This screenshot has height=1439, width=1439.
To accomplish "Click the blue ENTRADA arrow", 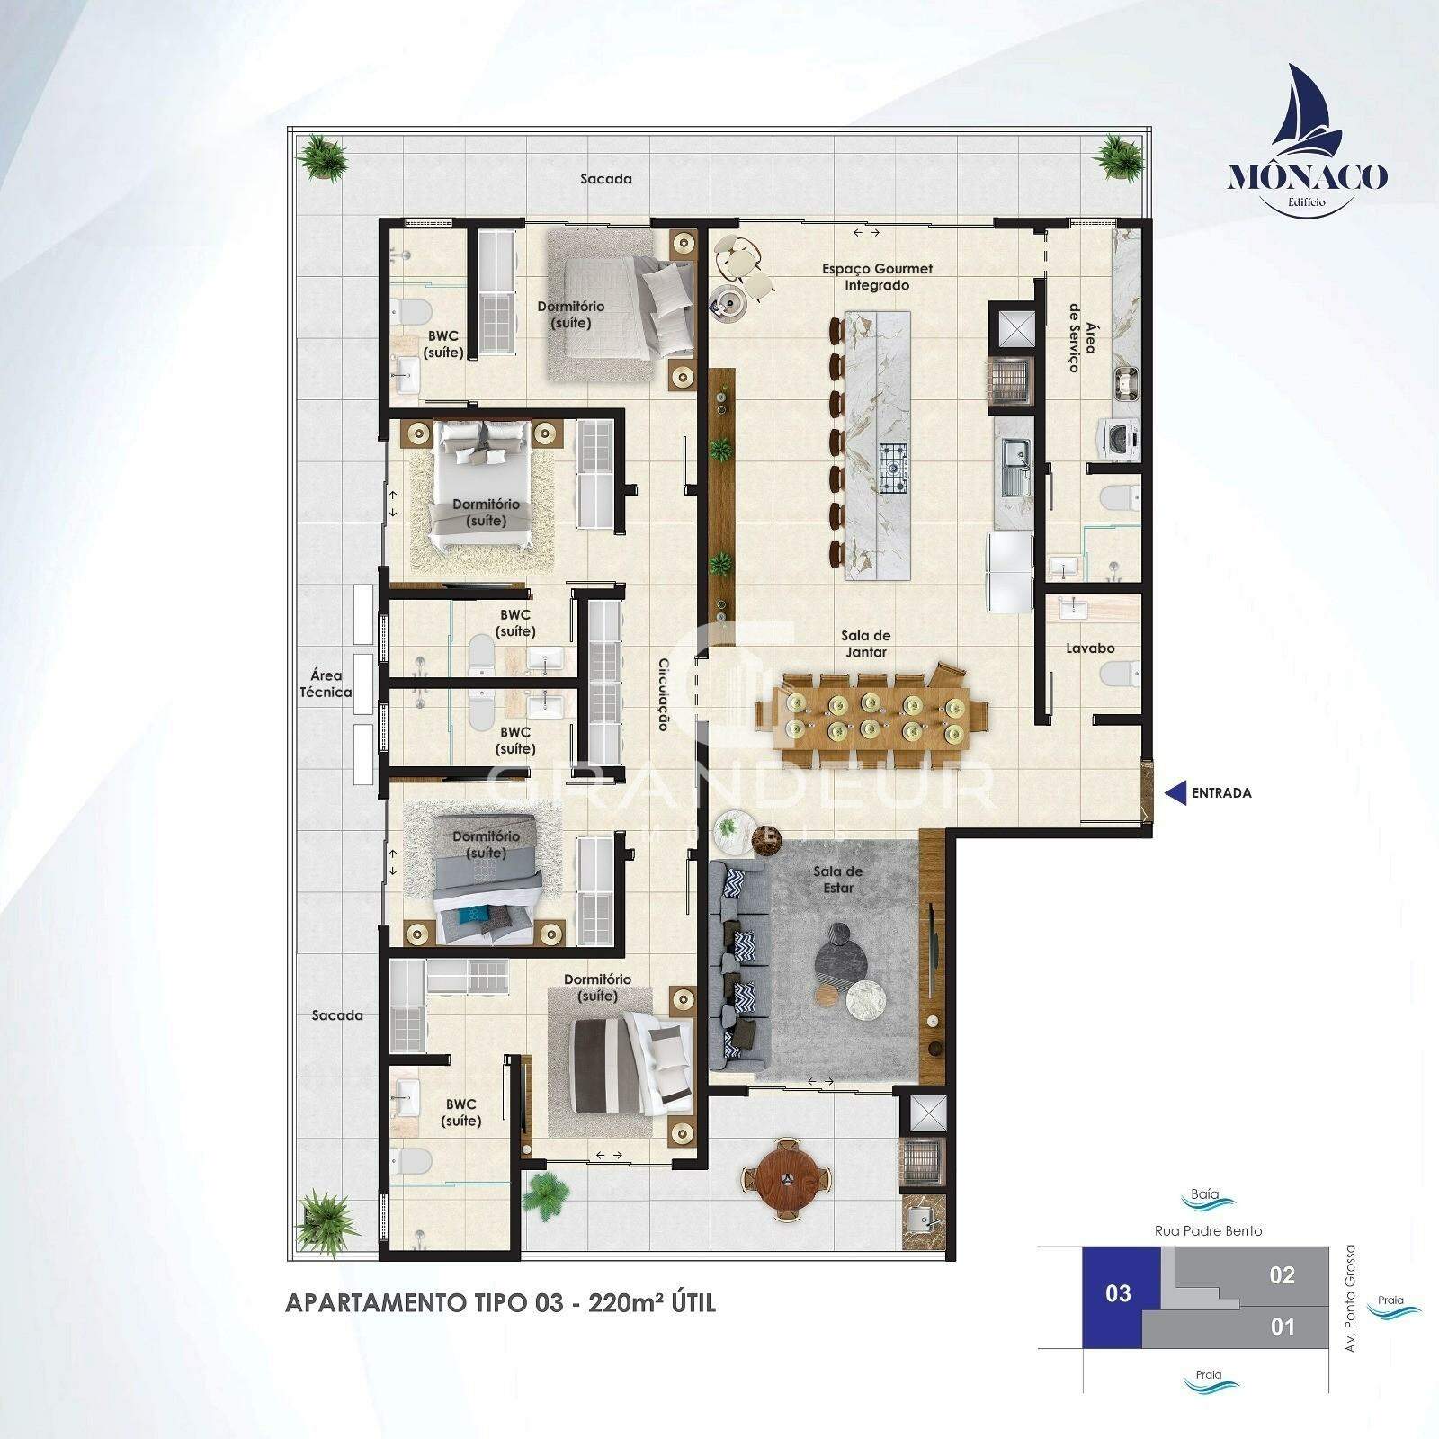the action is point(1175,792).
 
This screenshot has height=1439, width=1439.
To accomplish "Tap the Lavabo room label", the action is point(1090,648).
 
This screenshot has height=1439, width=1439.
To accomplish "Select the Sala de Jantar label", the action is point(867,644).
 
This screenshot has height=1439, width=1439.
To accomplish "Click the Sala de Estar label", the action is point(837,879).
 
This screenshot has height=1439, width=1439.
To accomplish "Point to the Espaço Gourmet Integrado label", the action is point(864,276).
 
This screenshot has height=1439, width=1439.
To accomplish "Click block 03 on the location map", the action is point(1118,1294).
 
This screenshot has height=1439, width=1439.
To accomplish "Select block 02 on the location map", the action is point(1282,1274).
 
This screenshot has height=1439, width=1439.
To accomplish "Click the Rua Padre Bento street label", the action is point(1208,1230).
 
